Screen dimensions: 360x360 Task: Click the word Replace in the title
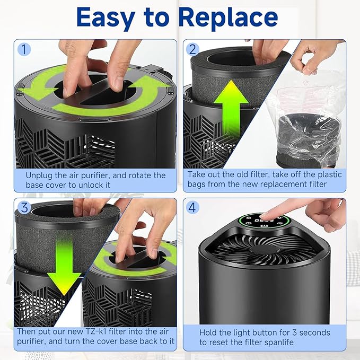(228, 18)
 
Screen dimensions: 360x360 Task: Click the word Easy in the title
(106, 18)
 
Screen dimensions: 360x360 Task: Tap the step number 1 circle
(23, 49)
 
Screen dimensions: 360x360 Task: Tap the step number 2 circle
(192, 49)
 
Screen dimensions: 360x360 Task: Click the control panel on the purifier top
(257, 222)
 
